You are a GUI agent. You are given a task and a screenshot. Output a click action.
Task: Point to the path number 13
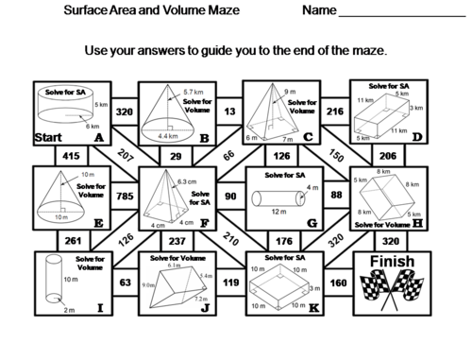coord(230,111)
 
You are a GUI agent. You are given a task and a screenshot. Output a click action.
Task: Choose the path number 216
coord(333,111)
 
